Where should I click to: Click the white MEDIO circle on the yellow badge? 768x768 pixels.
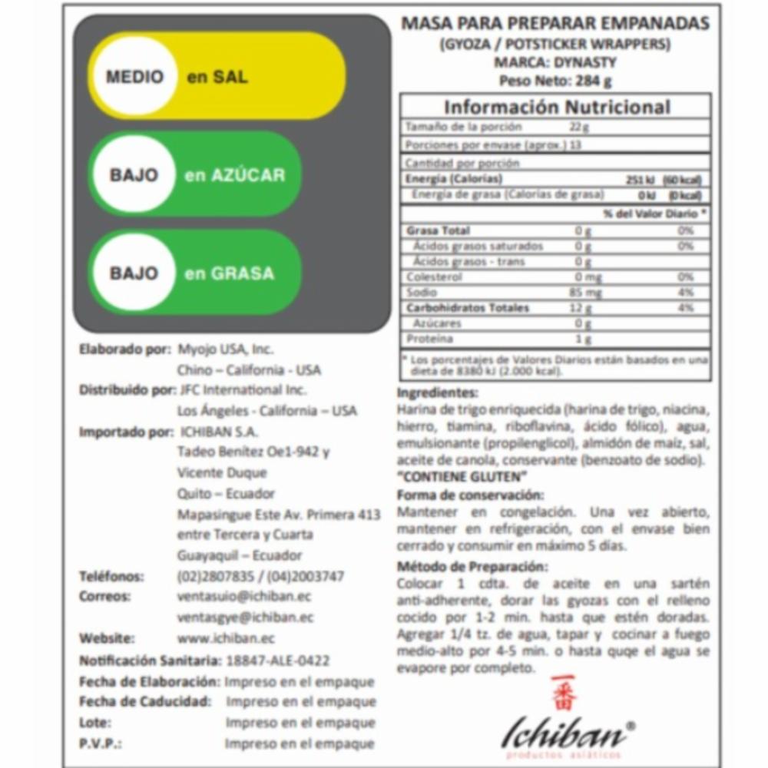(x=134, y=77)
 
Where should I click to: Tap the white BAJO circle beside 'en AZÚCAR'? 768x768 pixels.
(x=134, y=175)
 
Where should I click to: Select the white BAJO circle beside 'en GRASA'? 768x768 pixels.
(x=134, y=273)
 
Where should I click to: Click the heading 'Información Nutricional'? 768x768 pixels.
(x=557, y=107)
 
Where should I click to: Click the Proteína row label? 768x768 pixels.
(x=430, y=339)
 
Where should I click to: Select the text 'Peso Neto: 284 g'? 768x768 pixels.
(x=555, y=81)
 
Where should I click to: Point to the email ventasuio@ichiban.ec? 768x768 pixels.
(x=244, y=597)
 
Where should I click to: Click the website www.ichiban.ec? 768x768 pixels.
(x=226, y=638)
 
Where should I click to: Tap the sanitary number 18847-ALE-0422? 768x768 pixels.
(x=278, y=660)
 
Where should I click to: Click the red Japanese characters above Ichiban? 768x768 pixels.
(x=563, y=694)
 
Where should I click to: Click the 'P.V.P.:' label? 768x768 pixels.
(x=101, y=743)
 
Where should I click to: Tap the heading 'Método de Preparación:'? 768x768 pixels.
(x=472, y=567)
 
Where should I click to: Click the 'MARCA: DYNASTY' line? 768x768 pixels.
(x=555, y=62)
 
